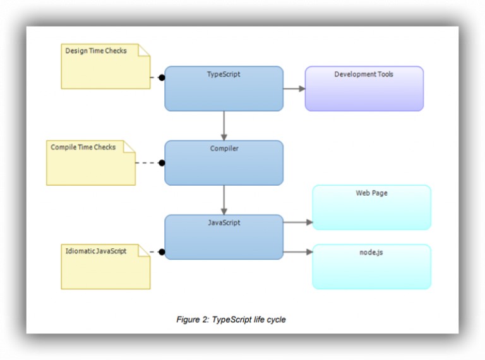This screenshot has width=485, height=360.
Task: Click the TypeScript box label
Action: pos(224,75)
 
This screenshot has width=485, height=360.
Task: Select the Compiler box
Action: pos(224,163)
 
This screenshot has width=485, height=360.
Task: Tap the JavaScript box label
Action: pos(224,223)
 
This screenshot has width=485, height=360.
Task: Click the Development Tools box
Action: pos(364,88)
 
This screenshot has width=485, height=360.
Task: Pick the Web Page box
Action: pos(371,207)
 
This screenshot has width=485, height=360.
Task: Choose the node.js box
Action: pos(371,267)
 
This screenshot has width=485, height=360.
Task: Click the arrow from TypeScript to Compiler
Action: pos(224,125)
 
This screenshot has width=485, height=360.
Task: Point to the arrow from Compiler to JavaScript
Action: pos(224,200)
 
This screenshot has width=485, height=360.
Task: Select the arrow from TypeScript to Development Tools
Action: pos(294,89)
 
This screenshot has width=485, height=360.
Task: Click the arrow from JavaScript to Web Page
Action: pos(298,222)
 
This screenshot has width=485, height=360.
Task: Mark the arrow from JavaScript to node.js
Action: pos(298,252)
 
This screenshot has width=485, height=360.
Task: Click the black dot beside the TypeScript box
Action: pos(162,78)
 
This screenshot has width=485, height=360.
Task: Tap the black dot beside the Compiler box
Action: pos(162,163)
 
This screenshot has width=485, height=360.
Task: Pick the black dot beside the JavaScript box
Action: pos(162,252)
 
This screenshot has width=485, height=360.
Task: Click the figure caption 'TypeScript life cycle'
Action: pos(231,320)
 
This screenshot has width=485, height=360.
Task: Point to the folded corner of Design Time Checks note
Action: pos(144,50)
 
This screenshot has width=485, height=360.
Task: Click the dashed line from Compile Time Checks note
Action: pos(147,163)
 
